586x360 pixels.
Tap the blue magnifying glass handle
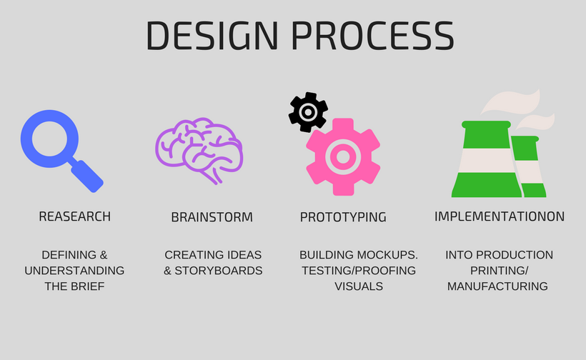coord(87,175)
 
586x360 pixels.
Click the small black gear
coord(308,111)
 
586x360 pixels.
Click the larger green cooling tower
coord(486,161)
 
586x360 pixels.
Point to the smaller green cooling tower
coord(530,168)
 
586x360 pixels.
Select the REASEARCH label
coord(74,216)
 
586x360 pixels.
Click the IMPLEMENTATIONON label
coord(500,216)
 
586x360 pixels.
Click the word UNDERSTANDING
coord(74,271)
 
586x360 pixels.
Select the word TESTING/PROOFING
coord(359,271)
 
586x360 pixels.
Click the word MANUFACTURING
coord(497,286)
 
